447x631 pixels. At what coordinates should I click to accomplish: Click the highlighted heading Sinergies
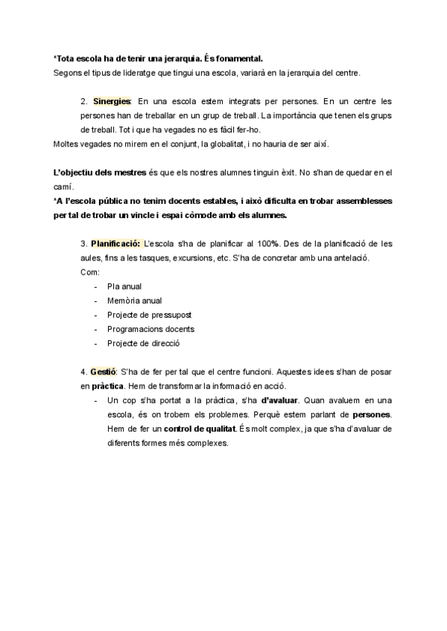[x=112, y=100]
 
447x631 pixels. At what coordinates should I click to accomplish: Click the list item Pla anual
[x=124, y=286]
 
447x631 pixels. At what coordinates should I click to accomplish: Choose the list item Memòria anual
[x=135, y=301]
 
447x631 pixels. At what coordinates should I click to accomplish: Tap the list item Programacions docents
[x=150, y=329]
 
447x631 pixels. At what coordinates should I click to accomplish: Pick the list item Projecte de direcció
[x=144, y=343]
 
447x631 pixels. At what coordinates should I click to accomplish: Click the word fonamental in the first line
[x=237, y=57]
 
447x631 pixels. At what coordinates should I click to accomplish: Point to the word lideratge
[x=130, y=72]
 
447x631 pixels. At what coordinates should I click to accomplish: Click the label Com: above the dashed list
[x=88, y=272]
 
